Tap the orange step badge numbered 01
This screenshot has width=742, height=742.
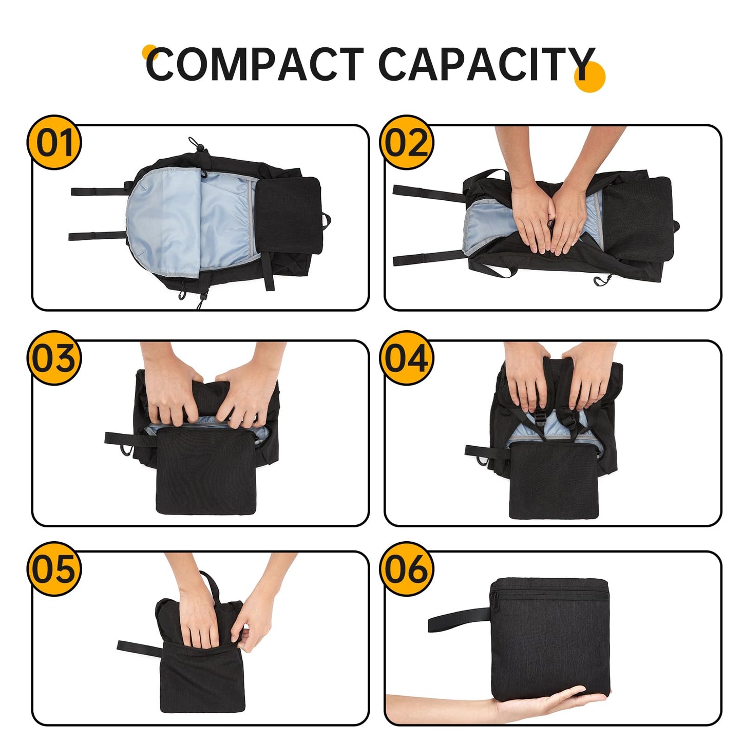click(x=54, y=143)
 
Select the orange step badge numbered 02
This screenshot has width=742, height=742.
click(x=407, y=143)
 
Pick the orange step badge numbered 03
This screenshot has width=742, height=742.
click(x=54, y=358)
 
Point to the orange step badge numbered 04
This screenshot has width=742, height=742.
click(x=407, y=358)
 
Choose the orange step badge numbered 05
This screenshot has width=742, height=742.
click(x=54, y=569)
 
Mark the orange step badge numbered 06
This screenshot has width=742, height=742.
click(x=407, y=569)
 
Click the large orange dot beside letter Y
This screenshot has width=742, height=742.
click(x=591, y=77)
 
